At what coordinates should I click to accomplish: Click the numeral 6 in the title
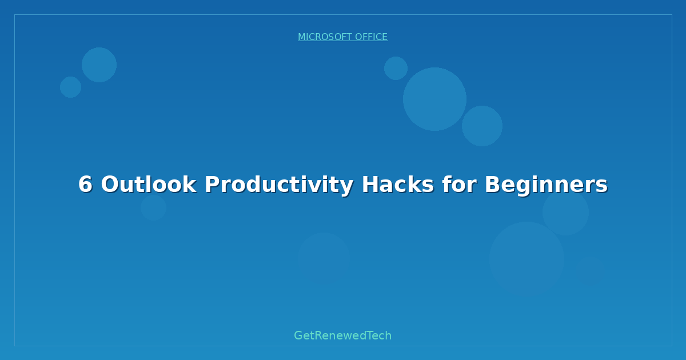[x=85, y=184]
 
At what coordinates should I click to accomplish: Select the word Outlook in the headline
[x=149, y=184]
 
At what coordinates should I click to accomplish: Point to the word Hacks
[x=398, y=184]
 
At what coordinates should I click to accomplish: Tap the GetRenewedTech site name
[x=342, y=335]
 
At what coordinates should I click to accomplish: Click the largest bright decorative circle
[x=434, y=99]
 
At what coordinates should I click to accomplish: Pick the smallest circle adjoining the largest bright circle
[x=396, y=68]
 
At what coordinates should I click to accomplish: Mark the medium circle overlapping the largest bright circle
[x=482, y=126]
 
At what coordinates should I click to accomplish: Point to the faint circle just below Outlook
[x=153, y=207]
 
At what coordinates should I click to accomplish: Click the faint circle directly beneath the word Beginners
[x=565, y=212]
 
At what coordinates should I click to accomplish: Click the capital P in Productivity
[x=212, y=184]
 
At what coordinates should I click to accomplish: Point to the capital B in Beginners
[x=492, y=184]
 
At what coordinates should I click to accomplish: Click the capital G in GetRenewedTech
[x=298, y=335]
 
